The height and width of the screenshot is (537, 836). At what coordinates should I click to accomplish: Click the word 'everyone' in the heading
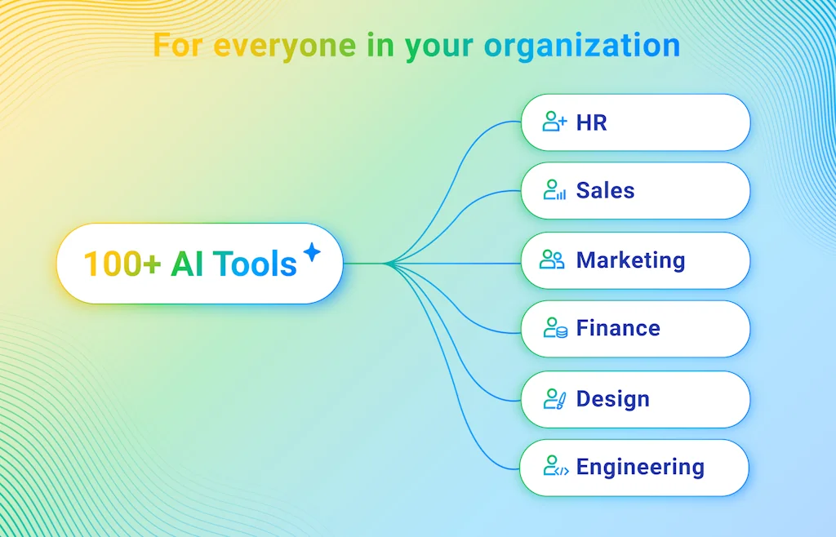[x=285, y=46]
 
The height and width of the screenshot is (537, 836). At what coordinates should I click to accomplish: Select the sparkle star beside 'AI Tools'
[x=312, y=252]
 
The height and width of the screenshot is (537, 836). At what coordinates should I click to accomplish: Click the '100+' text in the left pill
[x=122, y=264]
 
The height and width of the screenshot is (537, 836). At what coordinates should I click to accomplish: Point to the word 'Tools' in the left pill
[x=255, y=264]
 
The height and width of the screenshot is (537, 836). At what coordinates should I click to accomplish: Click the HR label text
[x=591, y=123]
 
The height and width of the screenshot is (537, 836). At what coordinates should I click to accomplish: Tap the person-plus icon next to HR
[x=554, y=122]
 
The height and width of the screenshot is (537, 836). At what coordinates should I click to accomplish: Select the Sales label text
[x=605, y=191]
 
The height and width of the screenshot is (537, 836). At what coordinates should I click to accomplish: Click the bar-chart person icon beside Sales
[x=554, y=191]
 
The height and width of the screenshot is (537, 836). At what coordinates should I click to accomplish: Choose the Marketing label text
[x=630, y=260]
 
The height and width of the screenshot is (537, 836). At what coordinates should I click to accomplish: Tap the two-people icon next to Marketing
[x=552, y=260]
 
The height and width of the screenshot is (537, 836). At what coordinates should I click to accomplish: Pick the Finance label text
[x=618, y=328]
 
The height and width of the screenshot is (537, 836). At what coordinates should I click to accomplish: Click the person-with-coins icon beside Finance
[x=554, y=328]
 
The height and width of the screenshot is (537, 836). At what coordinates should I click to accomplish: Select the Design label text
[x=612, y=399]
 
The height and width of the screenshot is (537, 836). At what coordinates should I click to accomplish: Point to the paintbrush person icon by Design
[x=554, y=399]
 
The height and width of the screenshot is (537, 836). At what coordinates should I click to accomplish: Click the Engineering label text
[x=640, y=468]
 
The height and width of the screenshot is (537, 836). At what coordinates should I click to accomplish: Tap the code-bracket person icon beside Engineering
[x=555, y=467]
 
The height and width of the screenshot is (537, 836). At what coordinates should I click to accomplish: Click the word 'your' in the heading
[x=438, y=47]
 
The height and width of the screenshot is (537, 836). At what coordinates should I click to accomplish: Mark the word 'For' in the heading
[x=178, y=46]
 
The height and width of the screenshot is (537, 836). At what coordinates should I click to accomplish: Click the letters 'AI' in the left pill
[x=187, y=264]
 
